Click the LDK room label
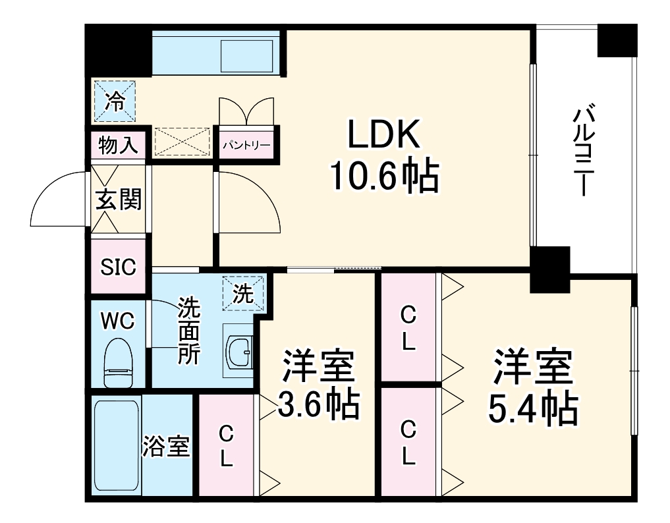coord(383,136)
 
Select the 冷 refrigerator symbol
coord(115,101)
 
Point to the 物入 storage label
coord(117,145)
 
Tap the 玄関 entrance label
coord(119,199)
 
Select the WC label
coord(118,321)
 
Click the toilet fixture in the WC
coord(119,363)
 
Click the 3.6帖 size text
coord(319,405)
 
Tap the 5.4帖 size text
coord(532,408)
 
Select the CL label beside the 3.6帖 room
coord(226,445)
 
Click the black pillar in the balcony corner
coord(617,40)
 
